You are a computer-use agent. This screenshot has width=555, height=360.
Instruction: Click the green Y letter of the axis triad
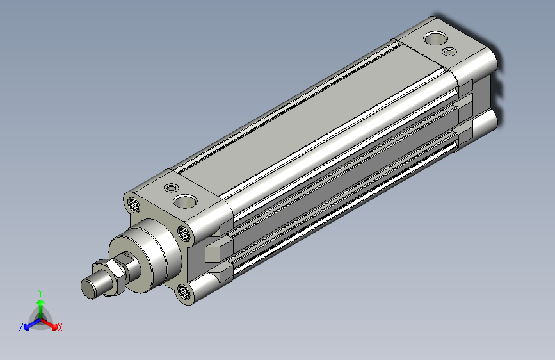pyautogui.click(x=40, y=293)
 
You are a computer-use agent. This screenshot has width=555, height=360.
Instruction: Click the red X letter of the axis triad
pyautogui.click(x=60, y=327)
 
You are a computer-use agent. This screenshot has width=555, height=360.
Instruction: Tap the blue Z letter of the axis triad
pyautogui.click(x=21, y=327)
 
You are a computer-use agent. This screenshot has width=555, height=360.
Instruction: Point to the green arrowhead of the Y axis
pyautogui.click(x=41, y=303)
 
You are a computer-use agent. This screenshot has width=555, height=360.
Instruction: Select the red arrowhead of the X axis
pyautogui.click(x=54, y=326)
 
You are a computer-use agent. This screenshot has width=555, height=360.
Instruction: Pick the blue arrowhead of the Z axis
pyautogui.click(x=26, y=327)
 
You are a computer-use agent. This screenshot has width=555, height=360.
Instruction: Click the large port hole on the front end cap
pyautogui.click(x=185, y=201)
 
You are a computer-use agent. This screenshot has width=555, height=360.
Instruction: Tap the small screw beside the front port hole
pyautogui.click(x=172, y=188)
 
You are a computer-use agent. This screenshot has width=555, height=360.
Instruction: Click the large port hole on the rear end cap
pyautogui.click(x=435, y=38)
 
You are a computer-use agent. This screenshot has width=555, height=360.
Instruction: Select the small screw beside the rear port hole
pyautogui.click(x=449, y=52)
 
